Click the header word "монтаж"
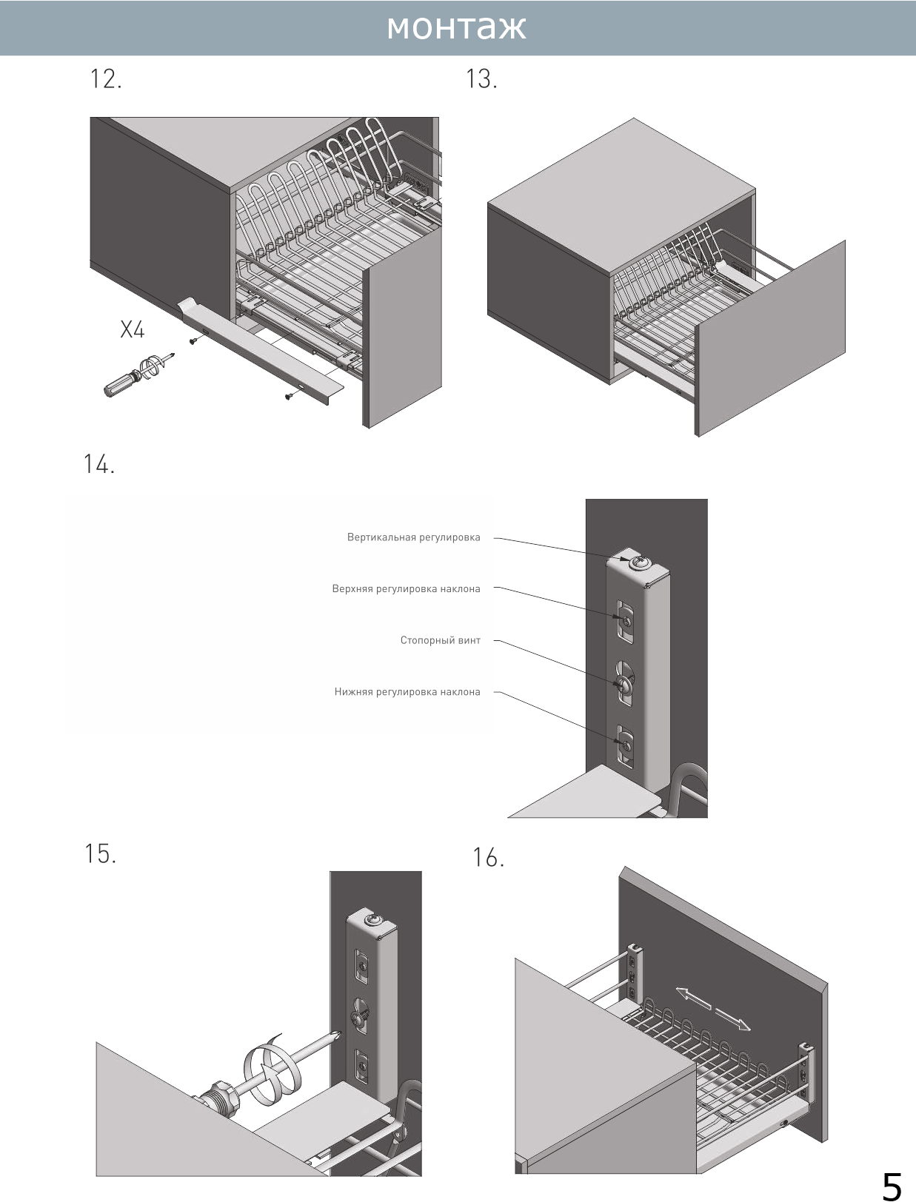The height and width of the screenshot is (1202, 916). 456,27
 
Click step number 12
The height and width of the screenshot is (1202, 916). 105,78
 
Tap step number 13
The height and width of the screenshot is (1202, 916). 481,78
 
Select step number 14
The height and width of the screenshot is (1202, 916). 99,464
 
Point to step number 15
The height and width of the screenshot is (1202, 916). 100,853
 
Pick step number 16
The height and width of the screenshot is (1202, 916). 489,857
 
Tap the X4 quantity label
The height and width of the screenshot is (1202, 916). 133,329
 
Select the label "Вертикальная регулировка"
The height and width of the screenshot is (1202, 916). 413,537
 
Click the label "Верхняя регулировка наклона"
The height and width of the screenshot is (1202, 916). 406,589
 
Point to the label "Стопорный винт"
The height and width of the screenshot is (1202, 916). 440,640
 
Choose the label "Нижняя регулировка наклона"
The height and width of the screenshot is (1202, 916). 407,692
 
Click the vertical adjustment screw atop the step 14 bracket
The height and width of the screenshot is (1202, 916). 638,564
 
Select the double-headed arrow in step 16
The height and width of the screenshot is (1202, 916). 712,1008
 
